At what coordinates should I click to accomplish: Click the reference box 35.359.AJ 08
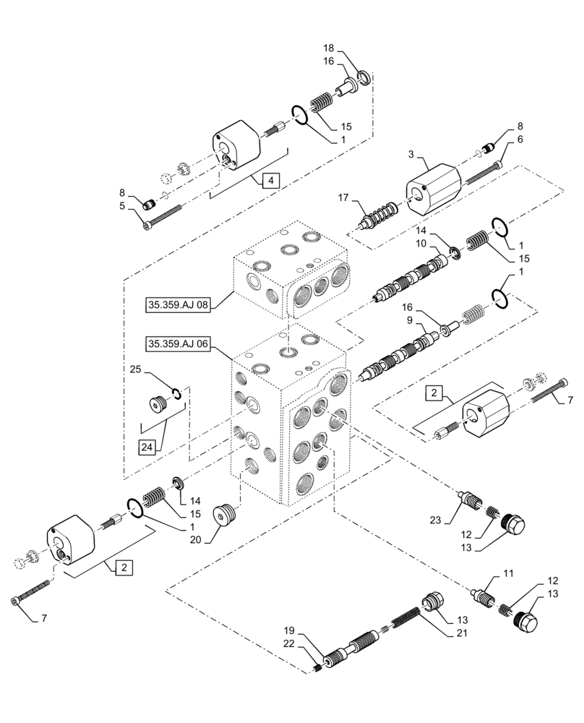177,305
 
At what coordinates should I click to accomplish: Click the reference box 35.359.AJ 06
177,344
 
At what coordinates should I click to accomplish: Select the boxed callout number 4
268,181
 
